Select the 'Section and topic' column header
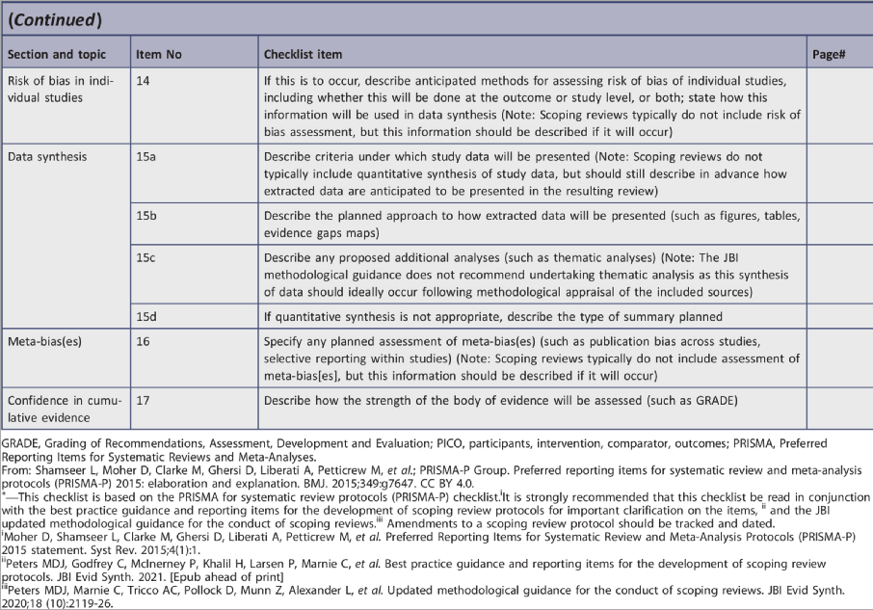(x=56, y=55)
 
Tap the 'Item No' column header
(x=158, y=55)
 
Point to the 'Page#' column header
(x=829, y=55)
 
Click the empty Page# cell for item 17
(x=837, y=410)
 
